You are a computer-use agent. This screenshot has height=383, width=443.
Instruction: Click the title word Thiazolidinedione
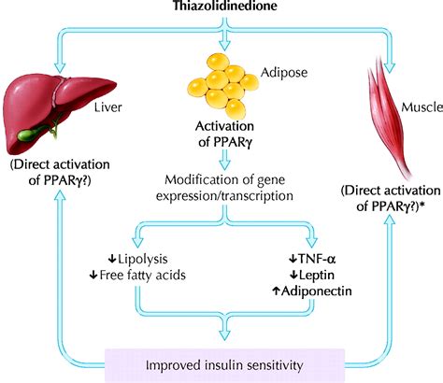pos(224,6)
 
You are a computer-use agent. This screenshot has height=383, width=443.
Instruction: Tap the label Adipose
pos(284,73)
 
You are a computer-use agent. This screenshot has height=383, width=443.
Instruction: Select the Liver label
pos(108,107)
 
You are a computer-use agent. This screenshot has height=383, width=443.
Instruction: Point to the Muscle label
pos(422,107)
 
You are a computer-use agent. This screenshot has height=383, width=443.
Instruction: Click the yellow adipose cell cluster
pos(223,86)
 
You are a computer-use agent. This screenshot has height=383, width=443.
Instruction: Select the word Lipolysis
pos(143,259)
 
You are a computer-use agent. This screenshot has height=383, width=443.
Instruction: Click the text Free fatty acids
pos(142,275)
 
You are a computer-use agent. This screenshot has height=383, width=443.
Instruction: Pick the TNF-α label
pos(317,259)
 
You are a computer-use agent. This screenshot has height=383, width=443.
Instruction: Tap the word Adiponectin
pos(317,291)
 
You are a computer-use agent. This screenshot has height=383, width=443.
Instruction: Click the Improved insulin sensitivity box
pos(224,365)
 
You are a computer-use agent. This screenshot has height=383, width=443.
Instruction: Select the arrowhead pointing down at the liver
pos(60,68)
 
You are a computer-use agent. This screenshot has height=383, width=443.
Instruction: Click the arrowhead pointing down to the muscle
pos(389,68)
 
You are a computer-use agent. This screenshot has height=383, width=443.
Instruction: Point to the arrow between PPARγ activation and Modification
pos(224,160)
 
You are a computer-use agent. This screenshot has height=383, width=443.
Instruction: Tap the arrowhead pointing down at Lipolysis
pos(137,242)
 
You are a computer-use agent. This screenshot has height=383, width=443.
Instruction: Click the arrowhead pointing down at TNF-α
pos(311,242)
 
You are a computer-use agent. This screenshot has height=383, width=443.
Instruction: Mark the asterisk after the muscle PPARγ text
pos(423,204)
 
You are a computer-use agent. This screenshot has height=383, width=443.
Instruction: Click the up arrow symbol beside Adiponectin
pos(276,291)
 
